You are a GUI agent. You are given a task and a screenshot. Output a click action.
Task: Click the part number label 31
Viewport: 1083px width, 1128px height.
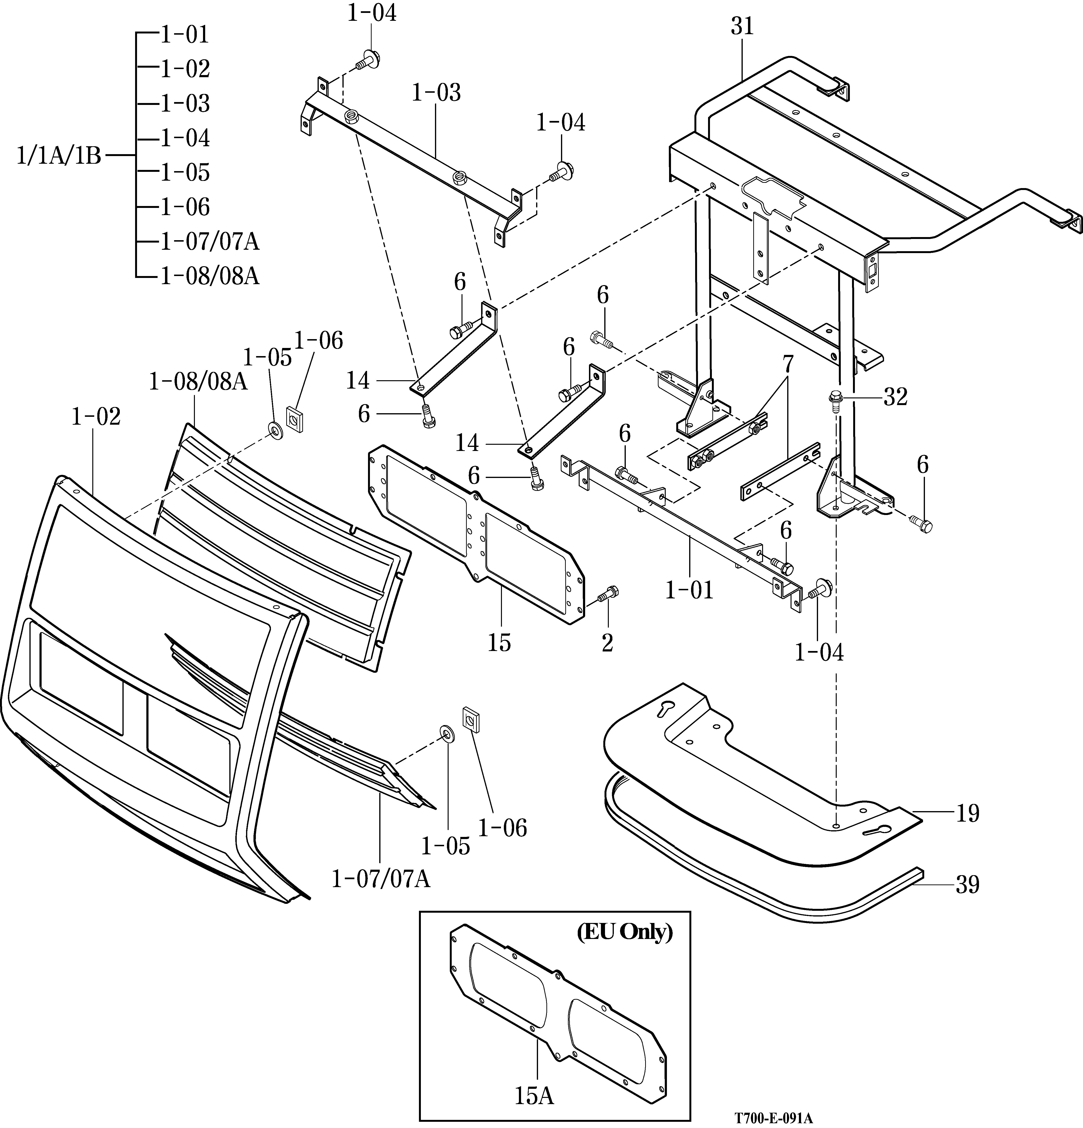tap(742, 27)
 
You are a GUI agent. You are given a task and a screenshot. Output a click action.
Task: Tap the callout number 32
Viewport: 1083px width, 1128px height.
tap(895, 396)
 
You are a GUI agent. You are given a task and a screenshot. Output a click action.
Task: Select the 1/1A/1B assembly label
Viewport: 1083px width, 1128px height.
tap(59, 156)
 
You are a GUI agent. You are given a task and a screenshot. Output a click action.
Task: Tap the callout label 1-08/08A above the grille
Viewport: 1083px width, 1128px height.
tap(198, 381)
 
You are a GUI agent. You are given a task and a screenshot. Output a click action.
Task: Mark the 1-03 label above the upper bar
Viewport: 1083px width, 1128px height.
tap(436, 93)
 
